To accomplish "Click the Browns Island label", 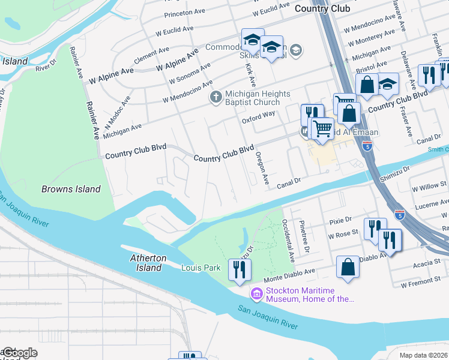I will [71, 189].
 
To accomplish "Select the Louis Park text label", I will [200, 268].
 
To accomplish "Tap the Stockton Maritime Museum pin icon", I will [256, 293].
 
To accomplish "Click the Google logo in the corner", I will [19, 352].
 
